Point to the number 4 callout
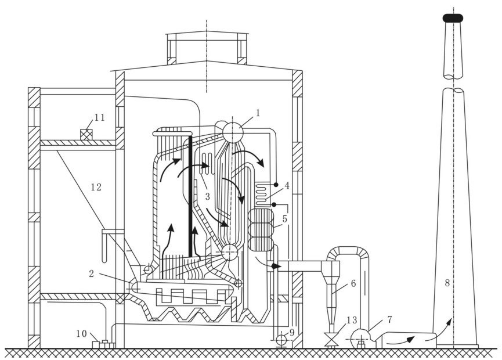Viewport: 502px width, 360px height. tap(287, 187)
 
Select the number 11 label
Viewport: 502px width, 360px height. tap(99, 118)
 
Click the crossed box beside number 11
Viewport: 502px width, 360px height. tap(87, 134)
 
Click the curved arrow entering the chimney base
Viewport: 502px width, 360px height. tap(445, 325)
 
